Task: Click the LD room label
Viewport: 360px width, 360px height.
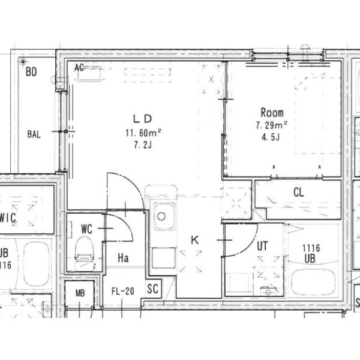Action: click(x=142, y=119)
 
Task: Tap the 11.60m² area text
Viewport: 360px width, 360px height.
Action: click(x=143, y=133)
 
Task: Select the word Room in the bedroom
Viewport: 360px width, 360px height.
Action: click(x=272, y=113)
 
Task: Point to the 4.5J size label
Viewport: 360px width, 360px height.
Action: click(x=271, y=137)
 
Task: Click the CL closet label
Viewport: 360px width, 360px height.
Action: click(x=298, y=192)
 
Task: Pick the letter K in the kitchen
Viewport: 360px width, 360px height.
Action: click(x=194, y=240)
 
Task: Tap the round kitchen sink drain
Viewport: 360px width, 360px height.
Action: click(x=161, y=216)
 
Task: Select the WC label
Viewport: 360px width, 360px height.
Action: click(x=87, y=229)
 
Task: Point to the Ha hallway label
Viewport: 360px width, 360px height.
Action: click(x=123, y=258)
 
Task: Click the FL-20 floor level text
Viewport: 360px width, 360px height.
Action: click(x=123, y=291)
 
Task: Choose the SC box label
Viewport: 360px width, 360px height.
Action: click(x=152, y=289)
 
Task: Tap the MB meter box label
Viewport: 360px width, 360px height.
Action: click(x=80, y=293)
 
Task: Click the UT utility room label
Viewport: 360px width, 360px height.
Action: click(x=262, y=246)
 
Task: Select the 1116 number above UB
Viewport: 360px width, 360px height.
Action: click(x=311, y=248)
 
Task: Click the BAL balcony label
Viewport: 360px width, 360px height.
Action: click(x=34, y=134)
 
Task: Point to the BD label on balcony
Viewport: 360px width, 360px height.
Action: click(x=31, y=71)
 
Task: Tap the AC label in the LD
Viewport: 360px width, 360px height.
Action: click(x=79, y=67)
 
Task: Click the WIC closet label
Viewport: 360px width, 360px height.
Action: click(x=8, y=218)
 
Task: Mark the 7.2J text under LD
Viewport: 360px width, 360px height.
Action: click(x=143, y=145)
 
